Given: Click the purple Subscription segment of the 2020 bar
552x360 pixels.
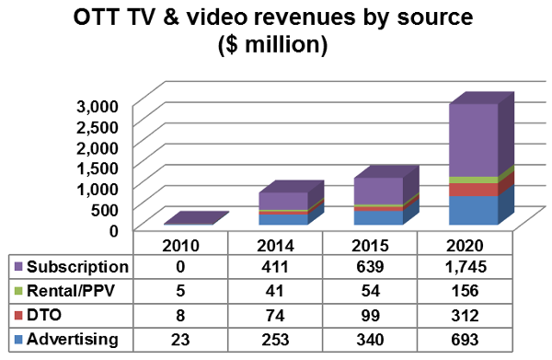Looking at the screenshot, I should coord(473,138).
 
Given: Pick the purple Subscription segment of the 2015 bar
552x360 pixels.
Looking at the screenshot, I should coord(378,191).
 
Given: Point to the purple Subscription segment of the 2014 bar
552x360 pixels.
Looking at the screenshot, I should coord(283,201).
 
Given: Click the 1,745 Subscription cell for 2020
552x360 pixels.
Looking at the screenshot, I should coord(465,268).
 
